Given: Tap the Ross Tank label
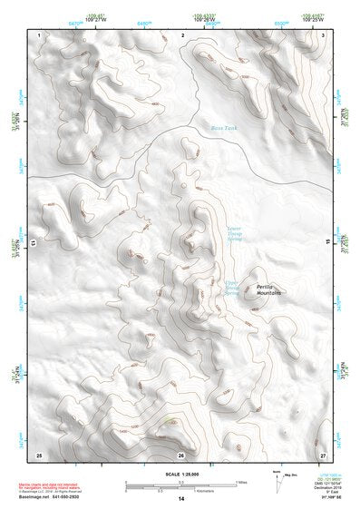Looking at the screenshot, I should click(x=224, y=130).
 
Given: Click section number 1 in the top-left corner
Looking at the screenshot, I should click(x=41, y=34).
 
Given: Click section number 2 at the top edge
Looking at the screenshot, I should click(x=183, y=34).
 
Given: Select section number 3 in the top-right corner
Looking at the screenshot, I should click(x=324, y=34).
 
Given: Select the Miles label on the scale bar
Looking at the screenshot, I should click(x=240, y=482).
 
